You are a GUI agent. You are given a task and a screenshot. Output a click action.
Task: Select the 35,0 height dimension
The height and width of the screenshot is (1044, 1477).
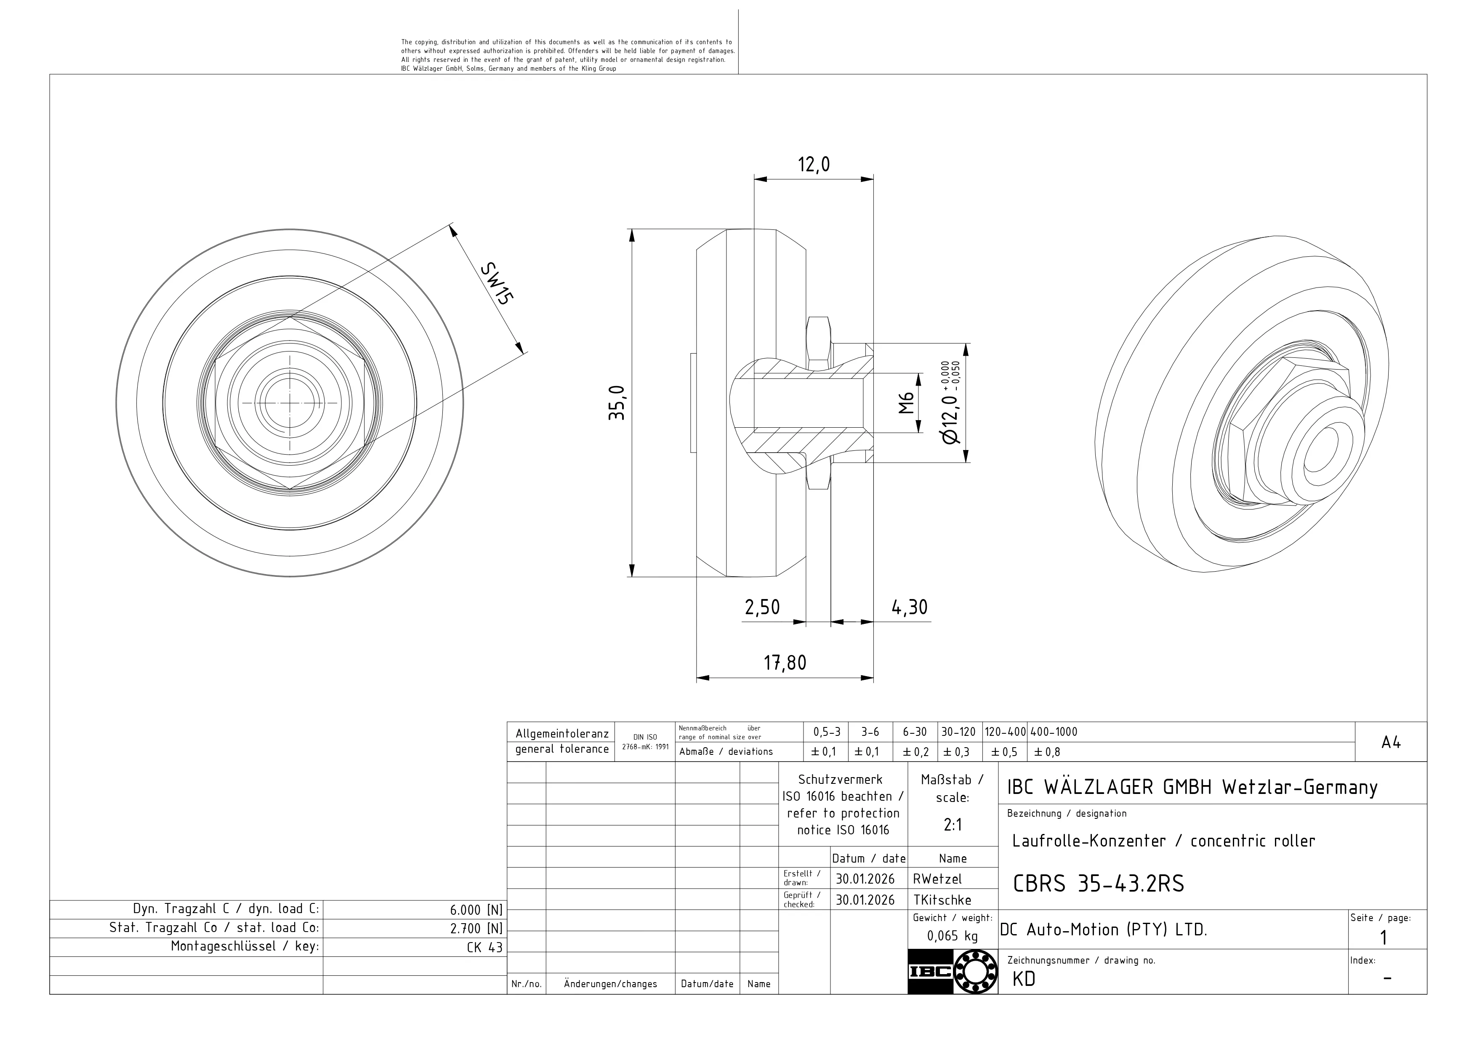tap(616, 403)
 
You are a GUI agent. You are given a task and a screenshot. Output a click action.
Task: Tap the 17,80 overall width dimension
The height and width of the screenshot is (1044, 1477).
tap(785, 663)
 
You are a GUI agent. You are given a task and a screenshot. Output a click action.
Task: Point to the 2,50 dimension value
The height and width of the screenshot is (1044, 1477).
tap(762, 607)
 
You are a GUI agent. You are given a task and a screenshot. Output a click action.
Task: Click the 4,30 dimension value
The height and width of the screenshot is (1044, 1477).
tap(910, 607)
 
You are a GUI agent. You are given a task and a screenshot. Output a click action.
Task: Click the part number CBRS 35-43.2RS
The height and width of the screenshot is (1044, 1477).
tap(1098, 884)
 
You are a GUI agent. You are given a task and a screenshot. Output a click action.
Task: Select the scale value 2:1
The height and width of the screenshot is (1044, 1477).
tap(952, 825)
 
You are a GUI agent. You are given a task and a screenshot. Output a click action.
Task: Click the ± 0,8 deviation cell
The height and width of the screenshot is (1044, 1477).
tap(1047, 752)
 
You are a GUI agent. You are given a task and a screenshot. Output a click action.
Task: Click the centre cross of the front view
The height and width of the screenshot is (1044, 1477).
tap(290, 403)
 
